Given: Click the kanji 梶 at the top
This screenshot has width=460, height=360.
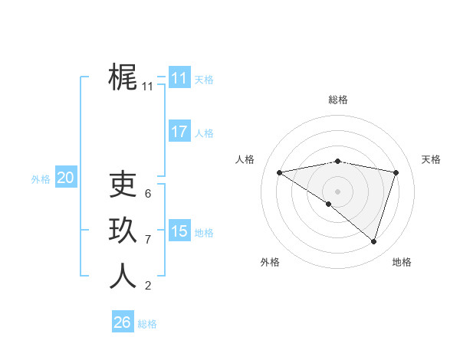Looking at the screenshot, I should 123,77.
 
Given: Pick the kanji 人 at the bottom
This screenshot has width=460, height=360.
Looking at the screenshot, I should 123,276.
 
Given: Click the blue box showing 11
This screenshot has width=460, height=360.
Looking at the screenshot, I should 179,78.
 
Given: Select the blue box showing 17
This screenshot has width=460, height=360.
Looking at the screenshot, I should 179,132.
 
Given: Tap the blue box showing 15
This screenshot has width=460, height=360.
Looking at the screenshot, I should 179,231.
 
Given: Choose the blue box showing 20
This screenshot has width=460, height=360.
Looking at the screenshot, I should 65,178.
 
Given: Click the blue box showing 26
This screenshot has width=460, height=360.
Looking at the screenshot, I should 122,322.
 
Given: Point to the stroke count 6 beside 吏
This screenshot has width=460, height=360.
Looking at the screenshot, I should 148,193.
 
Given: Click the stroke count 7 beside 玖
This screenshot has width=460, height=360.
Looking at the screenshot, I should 148,240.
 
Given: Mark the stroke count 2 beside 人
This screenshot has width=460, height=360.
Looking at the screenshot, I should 148,286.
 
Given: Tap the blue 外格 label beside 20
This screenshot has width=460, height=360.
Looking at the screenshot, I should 41,179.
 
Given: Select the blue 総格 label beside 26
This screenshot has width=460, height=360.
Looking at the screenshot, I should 147,324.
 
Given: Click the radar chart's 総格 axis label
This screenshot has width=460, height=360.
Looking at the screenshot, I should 338,100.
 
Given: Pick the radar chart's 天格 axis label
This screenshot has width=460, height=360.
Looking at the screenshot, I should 432,159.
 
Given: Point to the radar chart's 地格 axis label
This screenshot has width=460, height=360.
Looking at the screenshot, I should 402,262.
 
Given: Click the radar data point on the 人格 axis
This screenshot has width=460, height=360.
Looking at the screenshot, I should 280,172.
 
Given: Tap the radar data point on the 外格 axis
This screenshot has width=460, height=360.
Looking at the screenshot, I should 328,204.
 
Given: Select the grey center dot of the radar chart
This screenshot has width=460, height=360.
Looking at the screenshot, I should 337,191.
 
